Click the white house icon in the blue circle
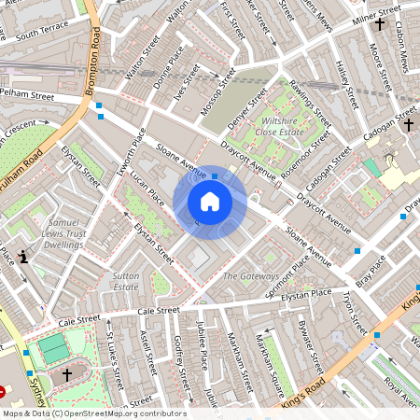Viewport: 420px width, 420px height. (x=210, y=202)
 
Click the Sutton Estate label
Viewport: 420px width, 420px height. (x=125, y=282)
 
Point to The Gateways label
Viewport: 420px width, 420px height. (x=250, y=277)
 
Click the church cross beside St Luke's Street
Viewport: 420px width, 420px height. (x=66, y=374)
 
